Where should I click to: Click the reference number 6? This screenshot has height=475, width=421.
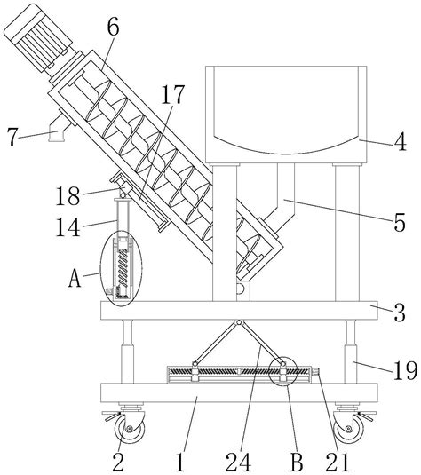113,28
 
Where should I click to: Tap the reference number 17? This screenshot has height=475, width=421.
171,94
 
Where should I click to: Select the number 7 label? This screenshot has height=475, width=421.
12,137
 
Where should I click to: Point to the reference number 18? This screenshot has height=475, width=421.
68,196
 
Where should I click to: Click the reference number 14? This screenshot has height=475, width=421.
68,227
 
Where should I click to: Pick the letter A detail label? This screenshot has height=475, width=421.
75,278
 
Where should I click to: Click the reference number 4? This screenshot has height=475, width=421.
401,141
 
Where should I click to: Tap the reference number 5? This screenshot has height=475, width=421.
400,223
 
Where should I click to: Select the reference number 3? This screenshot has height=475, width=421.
400,313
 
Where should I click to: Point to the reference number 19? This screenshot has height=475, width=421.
406,370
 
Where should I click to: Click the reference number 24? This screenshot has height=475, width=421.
239,463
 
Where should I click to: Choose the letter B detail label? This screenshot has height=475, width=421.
297,463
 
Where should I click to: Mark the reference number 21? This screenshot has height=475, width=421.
338,463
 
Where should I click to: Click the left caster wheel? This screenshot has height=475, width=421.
130,428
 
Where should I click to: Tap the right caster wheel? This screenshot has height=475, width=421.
348,428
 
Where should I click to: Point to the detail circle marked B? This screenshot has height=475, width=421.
282,371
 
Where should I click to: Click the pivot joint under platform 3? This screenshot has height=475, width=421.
239,322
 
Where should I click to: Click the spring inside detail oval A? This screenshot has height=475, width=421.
123,266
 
